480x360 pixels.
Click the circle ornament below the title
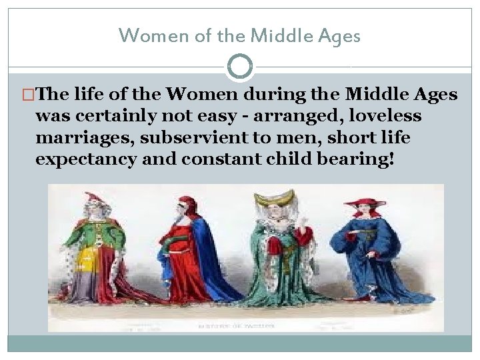pyautogui.click(x=240, y=66)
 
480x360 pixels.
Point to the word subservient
pyautogui.click(x=187, y=139)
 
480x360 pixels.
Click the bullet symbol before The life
pyautogui.click(x=26, y=95)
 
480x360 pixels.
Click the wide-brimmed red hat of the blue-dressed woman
pyautogui.click(x=365, y=203)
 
